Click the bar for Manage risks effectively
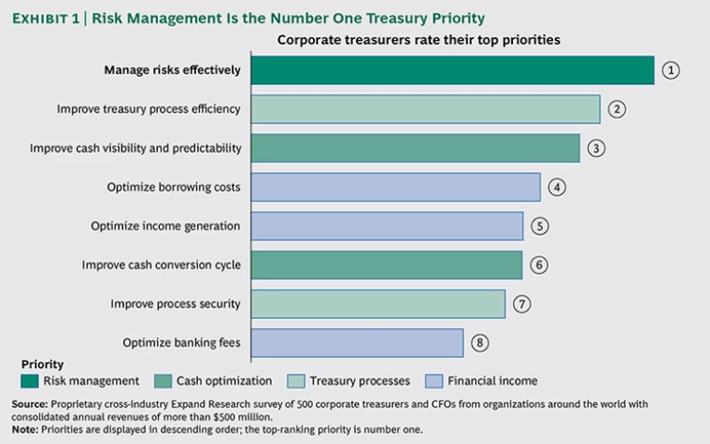tap(452, 70)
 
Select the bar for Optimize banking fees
tap(357, 342)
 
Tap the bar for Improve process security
tap(377, 303)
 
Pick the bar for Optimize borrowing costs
tap(395, 187)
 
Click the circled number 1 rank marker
tap(671, 70)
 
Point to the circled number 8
tap(480, 342)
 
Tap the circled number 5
tap(541, 226)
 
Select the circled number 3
tap(597, 148)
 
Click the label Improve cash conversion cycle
tap(161, 265)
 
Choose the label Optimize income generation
tap(165, 226)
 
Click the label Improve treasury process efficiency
tap(148, 109)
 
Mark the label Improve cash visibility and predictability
tap(135, 148)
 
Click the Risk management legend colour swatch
tap(29, 380)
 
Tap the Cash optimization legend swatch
tap(162, 380)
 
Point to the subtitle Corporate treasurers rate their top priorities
tap(419, 40)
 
